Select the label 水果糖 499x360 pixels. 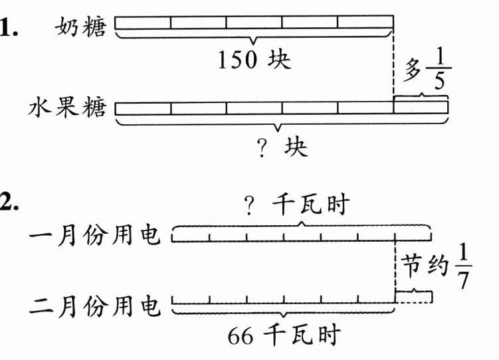coord(67,107)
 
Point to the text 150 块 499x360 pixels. coord(254,60)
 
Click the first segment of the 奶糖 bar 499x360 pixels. coord(143,23)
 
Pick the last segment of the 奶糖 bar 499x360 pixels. coord(365,23)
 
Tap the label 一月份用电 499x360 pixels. coord(96,236)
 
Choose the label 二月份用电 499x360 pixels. coord(96,306)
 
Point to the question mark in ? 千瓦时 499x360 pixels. coord(250,207)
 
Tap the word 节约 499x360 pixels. coord(425,269)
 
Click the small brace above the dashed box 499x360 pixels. coord(414,291)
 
